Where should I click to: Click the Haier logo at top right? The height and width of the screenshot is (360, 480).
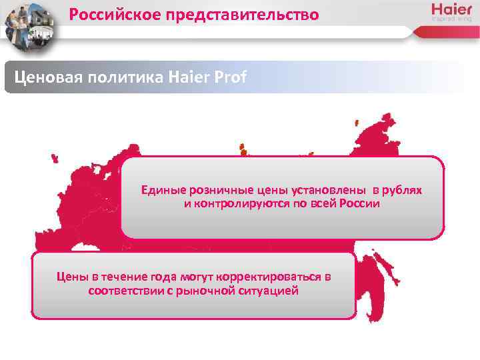tap(452, 12)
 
